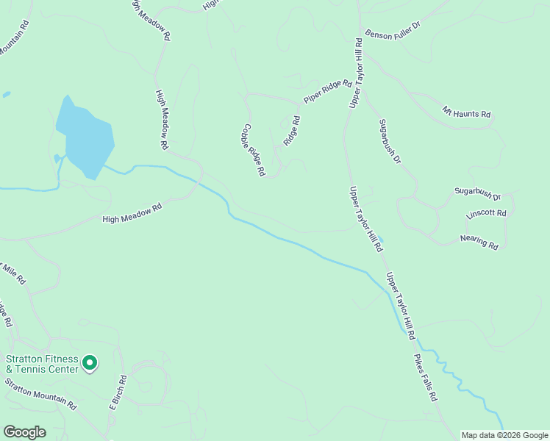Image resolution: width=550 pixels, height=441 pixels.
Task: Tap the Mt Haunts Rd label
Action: coord(466,113)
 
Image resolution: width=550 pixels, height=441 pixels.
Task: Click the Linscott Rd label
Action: coord(487,214)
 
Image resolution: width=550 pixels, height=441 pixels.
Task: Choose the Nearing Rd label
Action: coord(479,240)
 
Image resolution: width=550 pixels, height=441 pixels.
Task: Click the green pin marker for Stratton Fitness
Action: coord(90,363)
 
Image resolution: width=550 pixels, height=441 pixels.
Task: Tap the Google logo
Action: coord(24,432)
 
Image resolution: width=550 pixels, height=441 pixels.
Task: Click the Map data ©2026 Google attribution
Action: coord(504,435)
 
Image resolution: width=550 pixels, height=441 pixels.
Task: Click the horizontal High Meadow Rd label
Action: coord(132,214)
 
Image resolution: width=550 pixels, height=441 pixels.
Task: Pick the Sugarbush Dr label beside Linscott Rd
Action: coord(476,193)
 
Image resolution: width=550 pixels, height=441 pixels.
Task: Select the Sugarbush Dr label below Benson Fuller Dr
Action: coord(390,141)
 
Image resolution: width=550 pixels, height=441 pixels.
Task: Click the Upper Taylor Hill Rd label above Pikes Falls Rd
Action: coord(401,306)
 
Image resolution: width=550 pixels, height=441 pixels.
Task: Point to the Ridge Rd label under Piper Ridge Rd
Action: coord(292,130)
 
